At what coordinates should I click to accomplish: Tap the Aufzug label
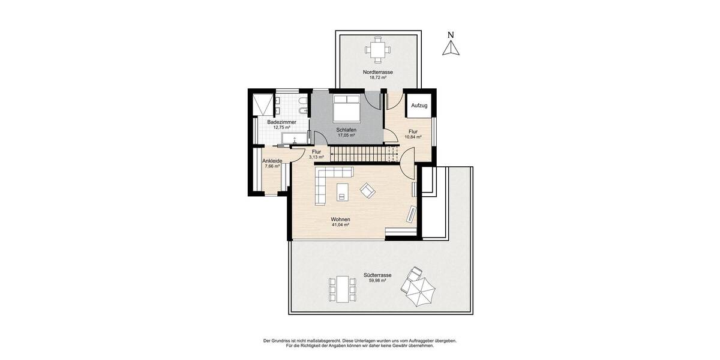pos(419,106)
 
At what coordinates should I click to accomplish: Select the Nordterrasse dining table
pos(377,50)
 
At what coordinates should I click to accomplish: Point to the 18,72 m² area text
pos(377,77)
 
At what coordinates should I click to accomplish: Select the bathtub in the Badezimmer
pos(291,140)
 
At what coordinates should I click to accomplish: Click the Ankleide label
pos(272,161)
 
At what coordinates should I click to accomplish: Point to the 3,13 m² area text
pos(316,157)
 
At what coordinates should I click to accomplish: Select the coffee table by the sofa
pos(343,191)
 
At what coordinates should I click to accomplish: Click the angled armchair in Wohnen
pos(367,191)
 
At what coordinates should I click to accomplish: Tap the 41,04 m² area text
pos(340,225)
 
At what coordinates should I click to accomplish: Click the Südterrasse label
pos(377,275)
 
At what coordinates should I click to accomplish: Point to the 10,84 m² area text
pos(413,137)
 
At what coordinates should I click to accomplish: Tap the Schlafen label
pos(346,130)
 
